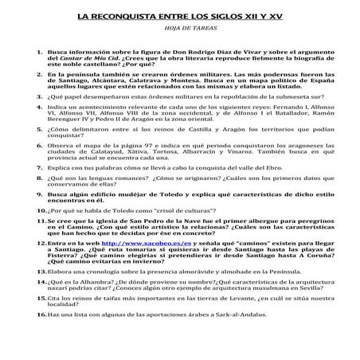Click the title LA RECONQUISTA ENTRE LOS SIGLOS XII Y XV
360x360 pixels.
tap(180, 15)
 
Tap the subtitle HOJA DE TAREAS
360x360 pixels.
tap(180, 29)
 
